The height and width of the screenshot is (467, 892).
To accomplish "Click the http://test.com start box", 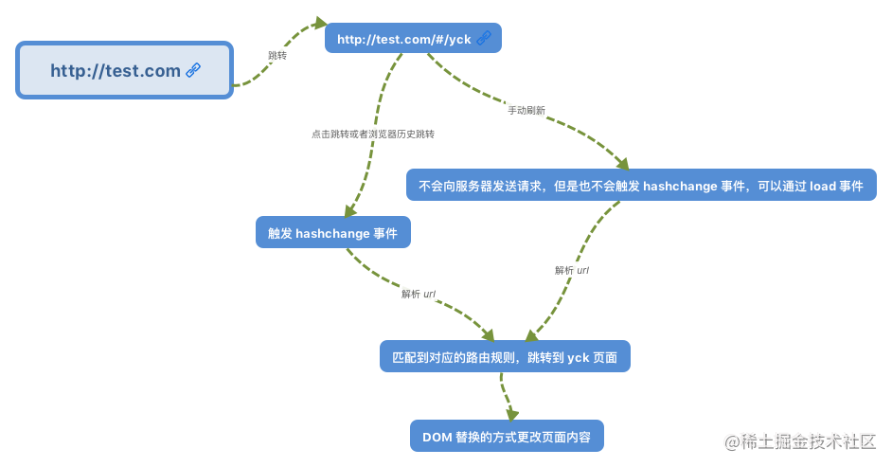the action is coord(125,70).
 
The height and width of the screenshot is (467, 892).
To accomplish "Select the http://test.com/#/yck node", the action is coord(413,38).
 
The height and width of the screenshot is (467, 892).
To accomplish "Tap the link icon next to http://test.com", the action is coord(193,70).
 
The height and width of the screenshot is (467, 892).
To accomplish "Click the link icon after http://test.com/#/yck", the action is coord(484,38).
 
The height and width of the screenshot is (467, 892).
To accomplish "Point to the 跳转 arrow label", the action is coord(277,55).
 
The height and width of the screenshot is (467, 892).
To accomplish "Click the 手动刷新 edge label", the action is coord(526,110).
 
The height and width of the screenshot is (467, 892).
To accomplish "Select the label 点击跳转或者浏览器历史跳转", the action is coord(373,134).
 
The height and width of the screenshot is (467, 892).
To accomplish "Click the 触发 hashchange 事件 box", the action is coord(332,232).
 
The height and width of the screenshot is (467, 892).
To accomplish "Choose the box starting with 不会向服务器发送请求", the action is coord(641,185).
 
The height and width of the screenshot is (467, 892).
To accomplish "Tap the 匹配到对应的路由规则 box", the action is coord(505,357).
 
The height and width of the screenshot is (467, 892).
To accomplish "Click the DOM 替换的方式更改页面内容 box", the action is coord(507,437).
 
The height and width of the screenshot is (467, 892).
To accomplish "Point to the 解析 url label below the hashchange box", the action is coord(419,294).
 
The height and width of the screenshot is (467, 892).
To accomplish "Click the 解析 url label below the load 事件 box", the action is coord(572,270).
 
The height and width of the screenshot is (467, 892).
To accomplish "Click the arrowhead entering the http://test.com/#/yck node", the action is coord(321,24).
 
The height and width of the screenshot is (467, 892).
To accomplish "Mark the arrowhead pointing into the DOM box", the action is coord(512,414).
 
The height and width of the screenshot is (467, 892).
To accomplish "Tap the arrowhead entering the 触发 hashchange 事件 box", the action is coord(349,210).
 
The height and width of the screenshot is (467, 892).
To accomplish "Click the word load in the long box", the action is coord(823,186).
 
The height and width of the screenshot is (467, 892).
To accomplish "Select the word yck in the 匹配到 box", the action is coord(579,358).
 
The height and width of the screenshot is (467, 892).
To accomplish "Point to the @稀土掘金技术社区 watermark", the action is coord(800,441).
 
